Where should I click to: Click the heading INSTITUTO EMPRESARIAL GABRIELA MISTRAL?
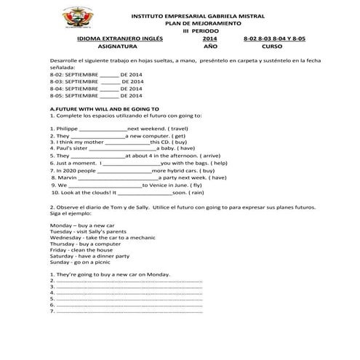pos(207,15)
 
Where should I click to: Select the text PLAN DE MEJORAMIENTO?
pos(207,23)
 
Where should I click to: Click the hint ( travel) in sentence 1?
pos(168,128)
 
